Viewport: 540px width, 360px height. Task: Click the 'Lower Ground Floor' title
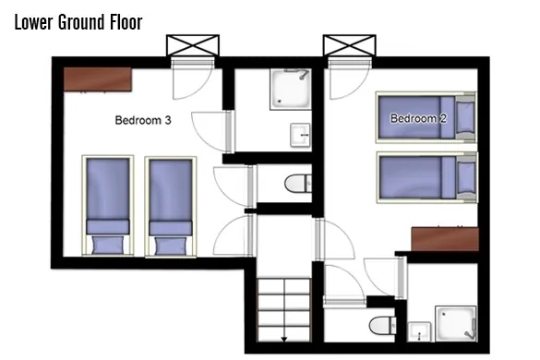78,22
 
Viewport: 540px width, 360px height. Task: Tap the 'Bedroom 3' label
143,120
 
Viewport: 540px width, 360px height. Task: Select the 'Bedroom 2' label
418,118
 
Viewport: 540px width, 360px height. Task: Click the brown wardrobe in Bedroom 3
98,79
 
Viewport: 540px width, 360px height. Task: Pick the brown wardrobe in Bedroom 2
445,239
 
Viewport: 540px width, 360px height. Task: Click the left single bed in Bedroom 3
108,206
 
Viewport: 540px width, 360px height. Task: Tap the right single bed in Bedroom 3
171,207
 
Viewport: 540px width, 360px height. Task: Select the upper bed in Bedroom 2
426,117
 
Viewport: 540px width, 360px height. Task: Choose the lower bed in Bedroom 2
426,177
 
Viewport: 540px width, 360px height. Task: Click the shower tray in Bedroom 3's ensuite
291,90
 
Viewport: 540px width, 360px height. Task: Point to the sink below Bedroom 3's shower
300,135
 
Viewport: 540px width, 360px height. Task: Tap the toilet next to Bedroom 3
298,183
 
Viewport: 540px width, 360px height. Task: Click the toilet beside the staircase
382,325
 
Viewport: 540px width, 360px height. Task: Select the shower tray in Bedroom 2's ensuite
456,323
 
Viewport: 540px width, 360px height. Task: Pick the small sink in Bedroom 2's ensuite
419,331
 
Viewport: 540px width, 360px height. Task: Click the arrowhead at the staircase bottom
284,340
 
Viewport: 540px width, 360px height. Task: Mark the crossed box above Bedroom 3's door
193,45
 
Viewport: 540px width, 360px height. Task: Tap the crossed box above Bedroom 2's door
350,45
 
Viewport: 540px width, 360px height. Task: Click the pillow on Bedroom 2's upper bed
465,117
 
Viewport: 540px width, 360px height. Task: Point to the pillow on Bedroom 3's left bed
108,245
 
